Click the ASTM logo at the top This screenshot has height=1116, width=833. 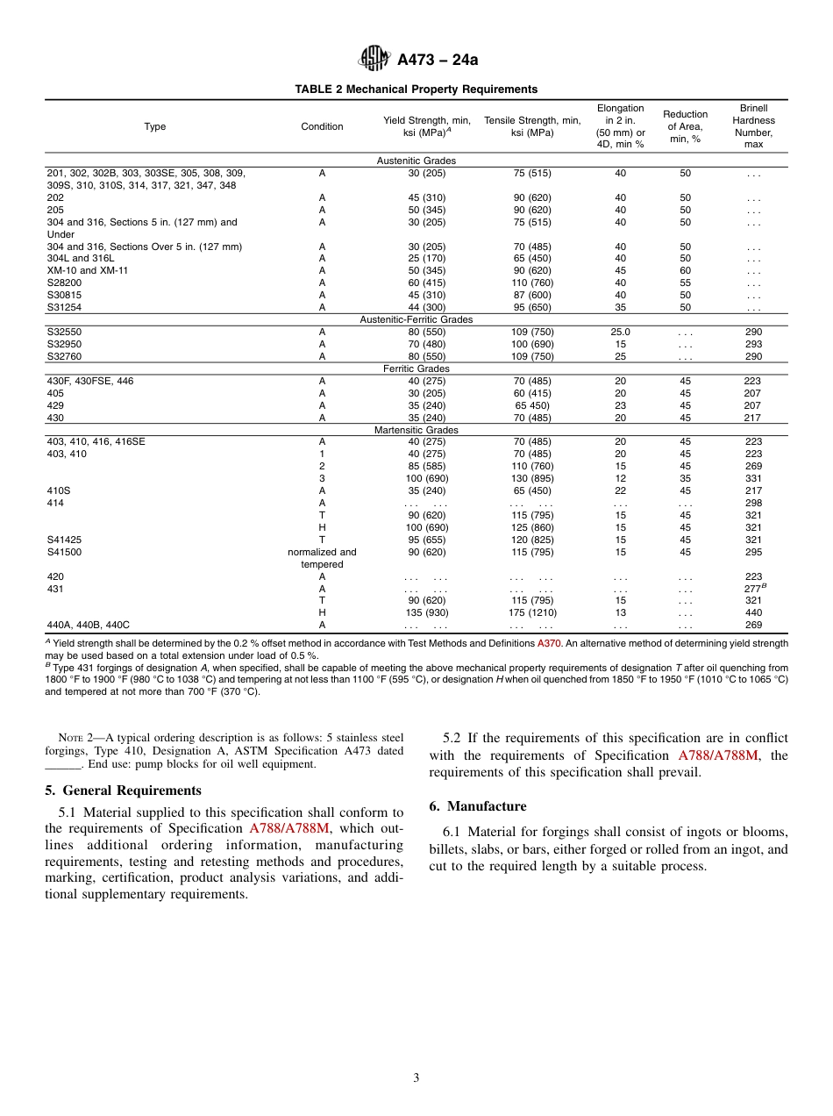[375, 59]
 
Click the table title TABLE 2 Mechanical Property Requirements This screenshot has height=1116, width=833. [416, 89]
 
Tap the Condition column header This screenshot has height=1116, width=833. [322, 126]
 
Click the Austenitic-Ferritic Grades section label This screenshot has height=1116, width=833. [416, 319]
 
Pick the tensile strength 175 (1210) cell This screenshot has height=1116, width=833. [531, 612]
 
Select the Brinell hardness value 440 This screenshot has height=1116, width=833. [753, 612]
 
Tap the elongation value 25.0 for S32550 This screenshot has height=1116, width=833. [620, 333]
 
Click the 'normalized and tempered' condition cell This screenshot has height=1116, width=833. [322, 558]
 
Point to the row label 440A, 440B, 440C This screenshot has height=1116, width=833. [88, 625]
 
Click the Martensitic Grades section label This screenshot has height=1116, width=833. [416, 430]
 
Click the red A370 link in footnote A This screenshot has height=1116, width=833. [549, 643]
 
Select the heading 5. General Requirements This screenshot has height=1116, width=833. [123, 790]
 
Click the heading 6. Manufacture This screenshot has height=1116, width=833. [478, 806]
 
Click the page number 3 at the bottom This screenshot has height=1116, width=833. [416, 1078]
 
